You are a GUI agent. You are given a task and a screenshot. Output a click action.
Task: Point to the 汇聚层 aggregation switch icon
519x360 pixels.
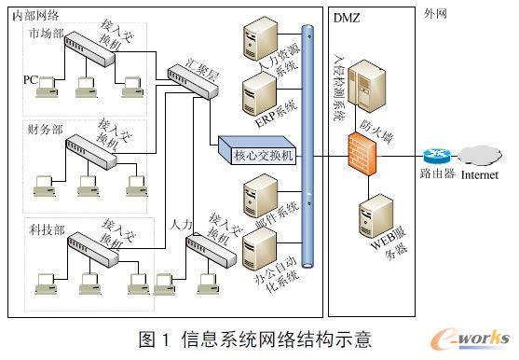pyautogui.click(x=184, y=74)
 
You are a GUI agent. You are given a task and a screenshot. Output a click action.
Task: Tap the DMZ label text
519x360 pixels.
pyautogui.click(x=348, y=17)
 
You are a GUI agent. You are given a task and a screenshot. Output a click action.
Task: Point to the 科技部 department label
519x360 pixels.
pyautogui.click(x=47, y=228)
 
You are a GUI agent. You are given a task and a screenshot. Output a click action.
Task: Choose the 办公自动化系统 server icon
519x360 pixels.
pyautogui.click(x=256, y=250)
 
